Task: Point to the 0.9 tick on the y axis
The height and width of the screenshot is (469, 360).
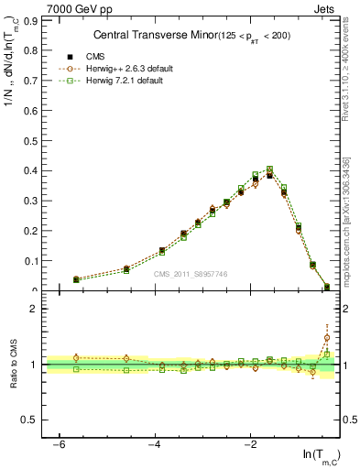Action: [27, 19]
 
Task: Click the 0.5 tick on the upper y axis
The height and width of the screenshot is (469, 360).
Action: [27, 140]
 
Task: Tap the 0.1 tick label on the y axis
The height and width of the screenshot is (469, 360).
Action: [27, 261]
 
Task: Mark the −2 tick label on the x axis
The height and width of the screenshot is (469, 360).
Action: [250, 444]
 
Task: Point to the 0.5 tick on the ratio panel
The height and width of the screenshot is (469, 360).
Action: [27, 420]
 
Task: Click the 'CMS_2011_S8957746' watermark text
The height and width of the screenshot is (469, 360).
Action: [191, 274]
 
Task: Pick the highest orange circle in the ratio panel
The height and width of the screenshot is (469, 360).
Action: [327, 338]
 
